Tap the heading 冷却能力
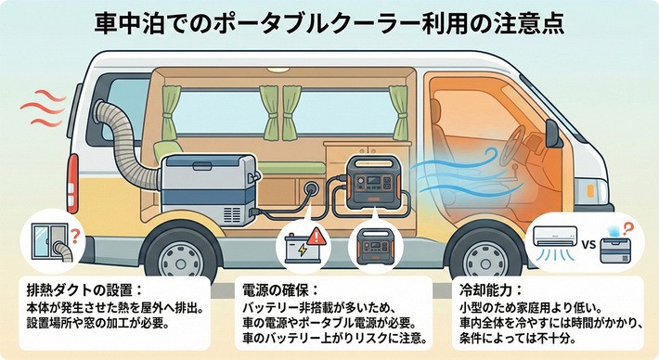tap(483, 289)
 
